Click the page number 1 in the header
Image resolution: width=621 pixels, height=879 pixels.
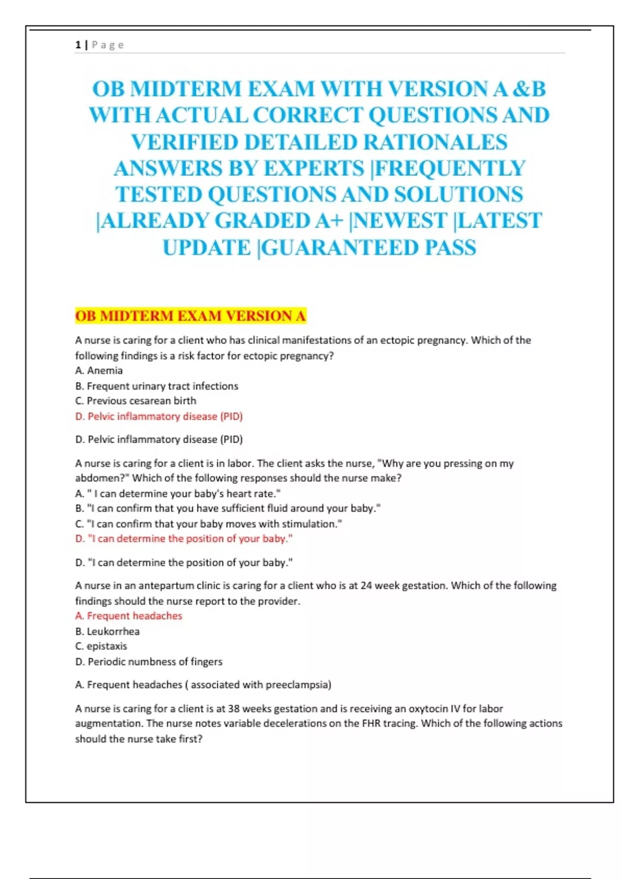(x=78, y=45)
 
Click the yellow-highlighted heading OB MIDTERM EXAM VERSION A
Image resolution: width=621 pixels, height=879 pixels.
(x=190, y=316)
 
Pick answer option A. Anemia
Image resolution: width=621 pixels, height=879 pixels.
(x=99, y=371)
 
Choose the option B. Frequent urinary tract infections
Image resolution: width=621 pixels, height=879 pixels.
(x=157, y=386)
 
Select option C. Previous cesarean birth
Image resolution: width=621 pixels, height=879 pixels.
(x=136, y=401)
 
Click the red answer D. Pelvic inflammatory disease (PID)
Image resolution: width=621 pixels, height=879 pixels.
(x=159, y=416)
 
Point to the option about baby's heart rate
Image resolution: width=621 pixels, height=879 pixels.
(x=178, y=494)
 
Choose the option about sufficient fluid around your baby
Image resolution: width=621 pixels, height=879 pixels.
(x=228, y=508)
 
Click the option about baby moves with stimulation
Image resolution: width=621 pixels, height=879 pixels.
(x=209, y=524)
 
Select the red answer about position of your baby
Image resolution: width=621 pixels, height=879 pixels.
(x=184, y=539)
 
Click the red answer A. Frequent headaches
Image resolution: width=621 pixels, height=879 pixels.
(x=129, y=616)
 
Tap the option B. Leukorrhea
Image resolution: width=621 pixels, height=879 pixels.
(x=108, y=631)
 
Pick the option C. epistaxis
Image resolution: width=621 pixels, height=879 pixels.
(x=101, y=646)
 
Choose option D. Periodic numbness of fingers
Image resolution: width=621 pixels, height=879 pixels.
(x=149, y=662)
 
